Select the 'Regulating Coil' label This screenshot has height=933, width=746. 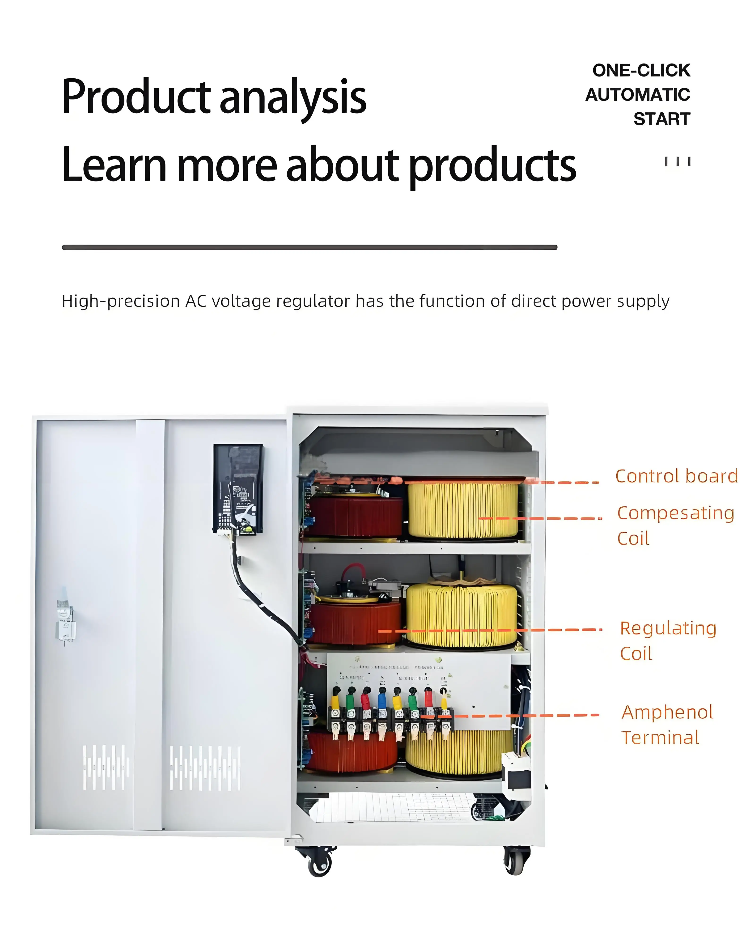(x=668, y=640)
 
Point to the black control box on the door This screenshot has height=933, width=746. (x=238, y=489)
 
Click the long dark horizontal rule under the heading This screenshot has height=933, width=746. (x=309, y=247)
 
